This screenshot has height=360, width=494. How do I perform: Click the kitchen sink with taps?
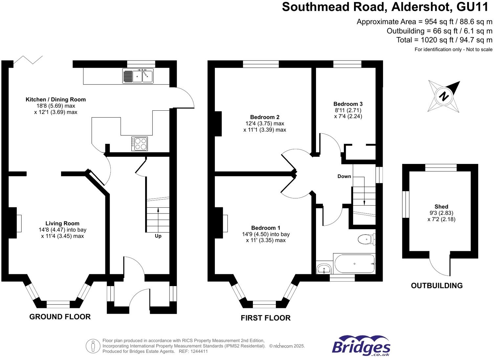(138, 76)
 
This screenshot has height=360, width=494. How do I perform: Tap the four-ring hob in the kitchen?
(140, 144)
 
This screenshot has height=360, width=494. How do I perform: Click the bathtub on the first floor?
(354, 264)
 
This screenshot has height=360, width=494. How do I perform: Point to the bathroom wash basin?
(324, 269)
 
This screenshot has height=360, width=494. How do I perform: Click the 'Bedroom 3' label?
(348, 104)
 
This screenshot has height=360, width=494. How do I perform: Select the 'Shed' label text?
(441, 207)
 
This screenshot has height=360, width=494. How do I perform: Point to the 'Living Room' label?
(62, 223)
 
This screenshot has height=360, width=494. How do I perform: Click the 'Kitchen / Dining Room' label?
(56, 100)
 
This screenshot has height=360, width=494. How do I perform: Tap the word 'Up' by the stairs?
(158, 236)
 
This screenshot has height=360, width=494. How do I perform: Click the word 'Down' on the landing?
(344, 176)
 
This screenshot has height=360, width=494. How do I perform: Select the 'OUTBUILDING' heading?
(437, 286)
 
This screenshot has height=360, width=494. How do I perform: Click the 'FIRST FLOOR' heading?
(265, 318)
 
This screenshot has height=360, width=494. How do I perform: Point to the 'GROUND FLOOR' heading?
(60, 317)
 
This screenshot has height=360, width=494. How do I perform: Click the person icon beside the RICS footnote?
(93, 346)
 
